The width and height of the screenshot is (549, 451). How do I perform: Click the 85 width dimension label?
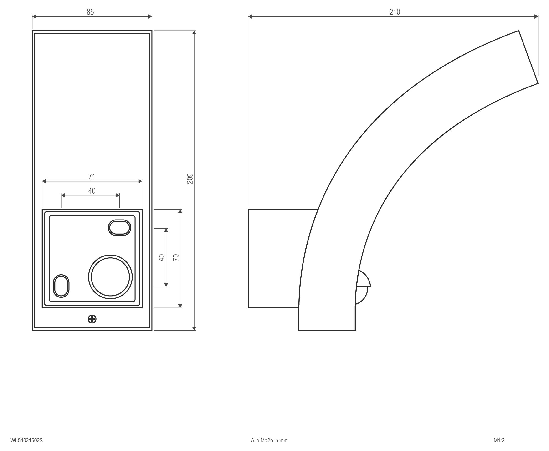[90, 12]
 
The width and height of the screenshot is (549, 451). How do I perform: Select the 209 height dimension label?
[190, 179]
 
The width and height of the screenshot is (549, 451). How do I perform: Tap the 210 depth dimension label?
[395, 12]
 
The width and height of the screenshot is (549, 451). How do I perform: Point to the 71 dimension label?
[92, 177]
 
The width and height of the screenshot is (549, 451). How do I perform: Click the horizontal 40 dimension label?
[92, 191]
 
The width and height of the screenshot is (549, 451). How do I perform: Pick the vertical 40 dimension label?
[162, 258]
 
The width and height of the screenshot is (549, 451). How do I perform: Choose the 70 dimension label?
[176, 257]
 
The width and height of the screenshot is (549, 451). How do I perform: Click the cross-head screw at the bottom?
[92, 319]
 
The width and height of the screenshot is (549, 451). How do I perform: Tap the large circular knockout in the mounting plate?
[110, 277]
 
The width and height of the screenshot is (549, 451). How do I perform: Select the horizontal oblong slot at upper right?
[119, 228]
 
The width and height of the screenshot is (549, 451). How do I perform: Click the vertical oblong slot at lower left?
[61, 286]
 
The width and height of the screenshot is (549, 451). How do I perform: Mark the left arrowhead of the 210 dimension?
[250, 17]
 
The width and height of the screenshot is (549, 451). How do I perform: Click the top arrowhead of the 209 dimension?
[194, 32]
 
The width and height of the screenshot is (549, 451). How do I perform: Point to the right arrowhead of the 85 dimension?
[150, 17]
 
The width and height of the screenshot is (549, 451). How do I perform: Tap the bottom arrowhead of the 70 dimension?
[180, 306]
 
